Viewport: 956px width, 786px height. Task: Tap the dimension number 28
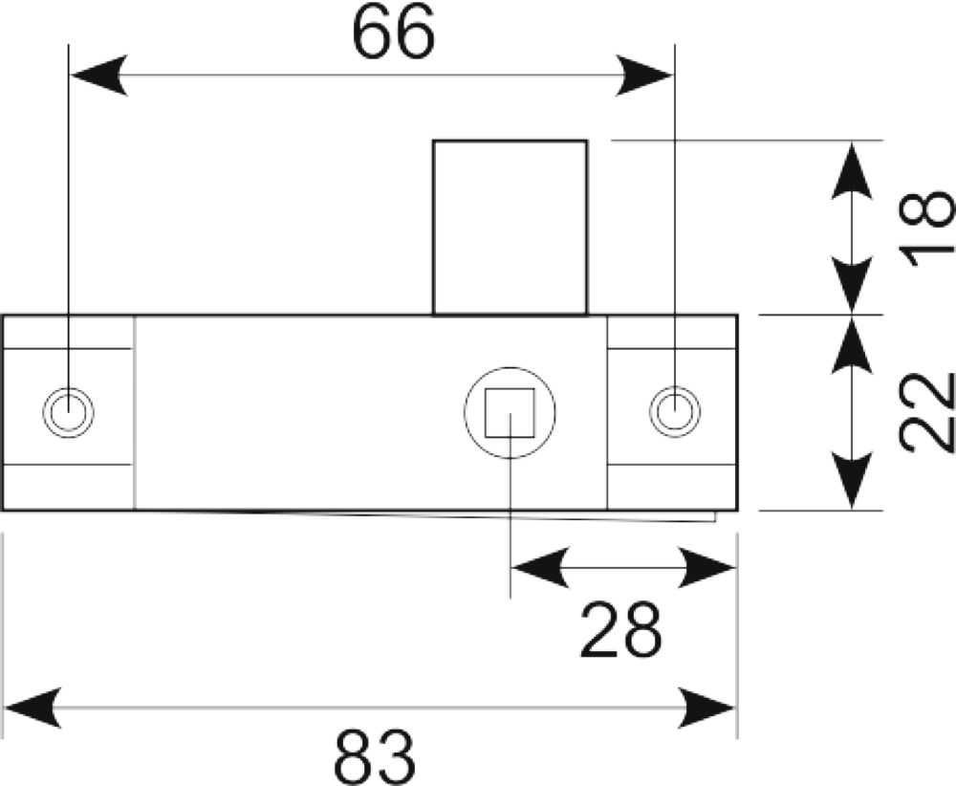[x=620, y=630]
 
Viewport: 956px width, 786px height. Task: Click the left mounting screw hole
[x=68, y=412]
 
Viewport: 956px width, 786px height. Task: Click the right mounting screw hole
[x=674, y=411]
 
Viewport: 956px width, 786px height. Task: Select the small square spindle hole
[x=510, y=413]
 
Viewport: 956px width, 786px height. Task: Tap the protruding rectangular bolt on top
[x=510, y=228]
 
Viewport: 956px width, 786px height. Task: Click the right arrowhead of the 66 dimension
[x=643, y=76]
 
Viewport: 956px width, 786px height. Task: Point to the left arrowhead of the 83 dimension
[x=33, y=708]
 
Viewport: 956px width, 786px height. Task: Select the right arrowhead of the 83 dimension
[x=706, y=708]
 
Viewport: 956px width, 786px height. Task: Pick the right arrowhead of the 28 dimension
[x=706, y=568]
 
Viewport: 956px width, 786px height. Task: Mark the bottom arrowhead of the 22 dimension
[x=852, y=481]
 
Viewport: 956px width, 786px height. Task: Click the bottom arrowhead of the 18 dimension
[x=852, y=285]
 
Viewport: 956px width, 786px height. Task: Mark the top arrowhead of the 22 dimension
[x=852, y=345]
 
